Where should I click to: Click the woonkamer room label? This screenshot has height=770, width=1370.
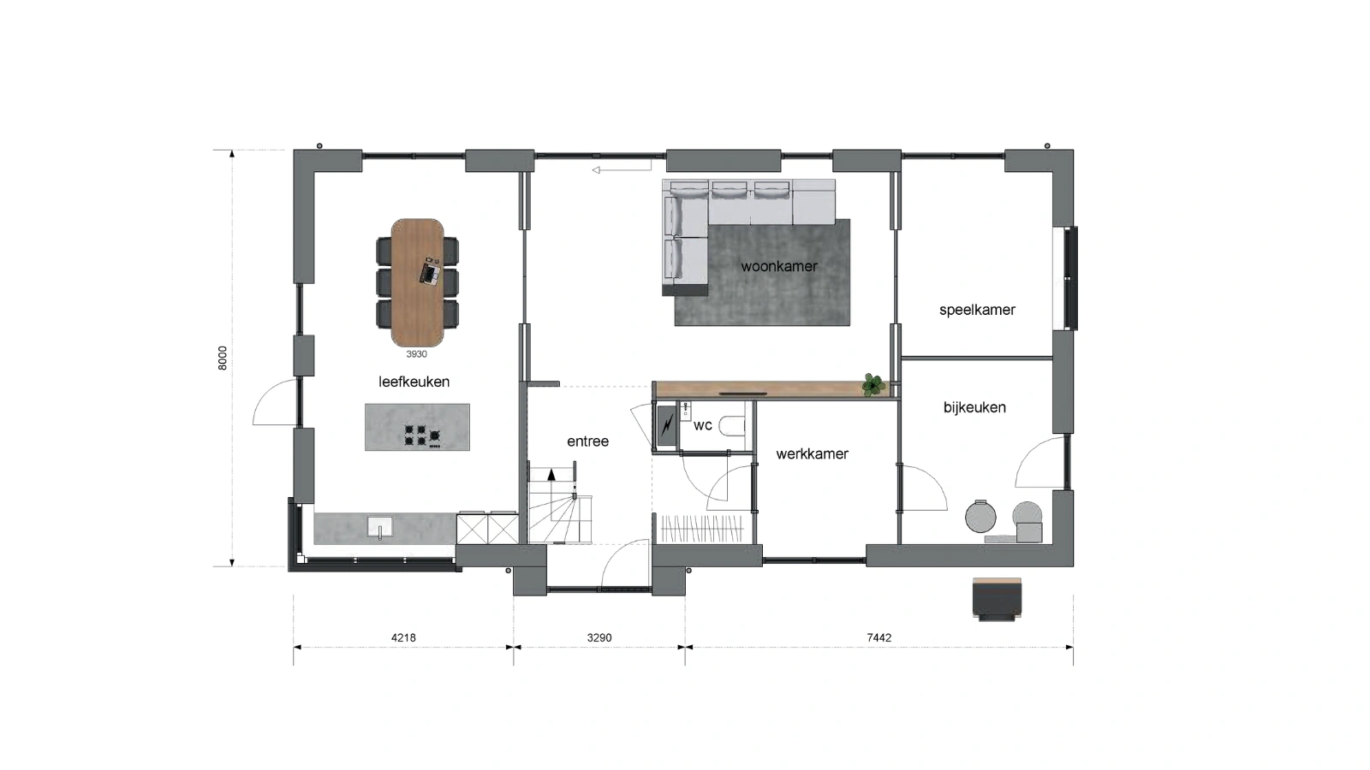pyautogui.click(x=778, y=266)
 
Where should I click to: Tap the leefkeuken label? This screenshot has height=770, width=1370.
pyautogui.click(x=414, y=382)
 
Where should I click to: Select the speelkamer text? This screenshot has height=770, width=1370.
pyautogui.click(x=977, y=310)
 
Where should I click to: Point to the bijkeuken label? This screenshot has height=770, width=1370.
pyautogui.click(x=974, y=407)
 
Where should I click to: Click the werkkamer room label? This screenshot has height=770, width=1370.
pyautogui.click(x=812, y=453)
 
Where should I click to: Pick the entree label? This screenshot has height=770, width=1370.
pyautogui.click(x=587, y=441)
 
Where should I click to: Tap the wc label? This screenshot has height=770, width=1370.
pyautogui.click(x=703, y=425)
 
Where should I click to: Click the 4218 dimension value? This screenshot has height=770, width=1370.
pyautogui.click(x=403, y=637)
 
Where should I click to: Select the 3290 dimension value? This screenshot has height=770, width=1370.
pyautogui.click(x=599, y=637)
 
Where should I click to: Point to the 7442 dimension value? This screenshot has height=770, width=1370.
pyautogui.click(x=879, y=637)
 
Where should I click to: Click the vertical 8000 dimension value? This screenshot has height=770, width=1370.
pyautogui.click(x=223, y=358)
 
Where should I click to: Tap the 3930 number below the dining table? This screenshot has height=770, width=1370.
pyautogui.click(x=416, y=354)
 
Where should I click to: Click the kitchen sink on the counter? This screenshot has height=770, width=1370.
pyautogui.click(x=380, y=527)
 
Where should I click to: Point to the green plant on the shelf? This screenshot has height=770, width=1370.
pyautogui.click(x=873, y=385)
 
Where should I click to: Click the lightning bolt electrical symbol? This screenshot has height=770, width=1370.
pyautogui.click(x=666, y=424)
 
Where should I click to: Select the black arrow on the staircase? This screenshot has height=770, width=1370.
pyautogui.click(x=551, y=474)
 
